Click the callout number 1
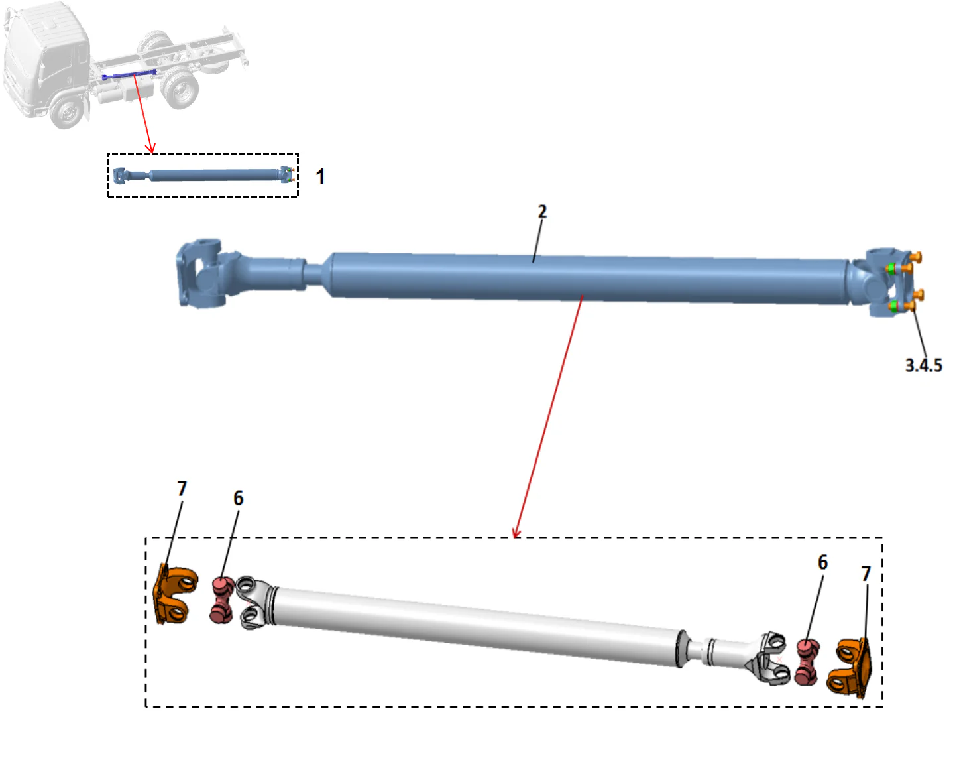[321, 176]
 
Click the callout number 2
[542, 212]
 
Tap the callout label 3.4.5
[923, 365]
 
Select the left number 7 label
[182, 489]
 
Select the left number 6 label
[239, 498]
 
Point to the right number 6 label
[822, 562]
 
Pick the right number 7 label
[866, 574]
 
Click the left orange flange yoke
[174, 594]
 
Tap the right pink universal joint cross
[807, 661]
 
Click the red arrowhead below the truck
[150, 145]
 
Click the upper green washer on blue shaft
[891, 268]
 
